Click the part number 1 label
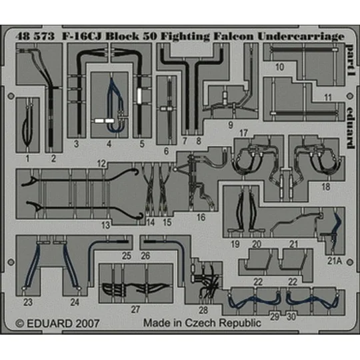[27, 159]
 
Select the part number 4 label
[109, 143]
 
